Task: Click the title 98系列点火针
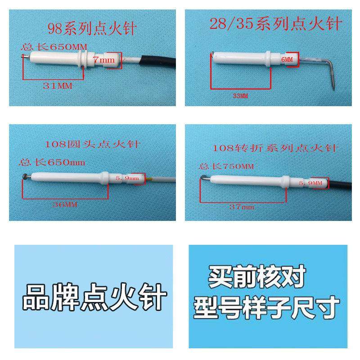92,29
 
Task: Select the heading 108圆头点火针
93,145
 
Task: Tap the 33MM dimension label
241,96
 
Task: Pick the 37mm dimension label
242,207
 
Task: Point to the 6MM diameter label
287,59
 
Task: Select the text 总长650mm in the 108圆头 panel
50,162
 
